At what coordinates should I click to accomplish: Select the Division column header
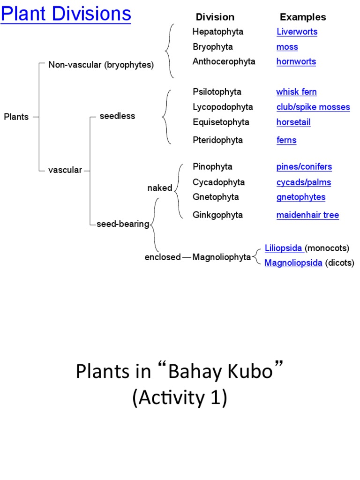click(x=215, y=17)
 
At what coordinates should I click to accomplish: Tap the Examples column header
click(x=303, y=17)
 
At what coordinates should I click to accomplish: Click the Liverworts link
click(x=297, y=32)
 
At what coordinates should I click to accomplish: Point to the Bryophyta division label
click(x=212, y=47)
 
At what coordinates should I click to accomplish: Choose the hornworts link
click(x=296, y=61)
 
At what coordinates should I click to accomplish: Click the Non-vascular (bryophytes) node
click(x=101, y=65)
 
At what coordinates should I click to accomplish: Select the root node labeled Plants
click(x=16, y=117)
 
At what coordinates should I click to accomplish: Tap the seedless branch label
click(x=117, y=116)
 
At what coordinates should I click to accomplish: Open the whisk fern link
click(x=296, y=92)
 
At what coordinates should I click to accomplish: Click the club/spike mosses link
click(x=313, y=107)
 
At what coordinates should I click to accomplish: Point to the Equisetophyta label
click(x=221, y=122)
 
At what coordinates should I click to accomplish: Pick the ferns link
click(x=286, y=140)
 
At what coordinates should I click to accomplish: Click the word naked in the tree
click(x=160, y=188)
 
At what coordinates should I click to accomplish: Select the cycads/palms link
click(x=304, y=182)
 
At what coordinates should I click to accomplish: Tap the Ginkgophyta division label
click(x=217, y=215)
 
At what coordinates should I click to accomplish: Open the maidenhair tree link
click(x=307, y=215)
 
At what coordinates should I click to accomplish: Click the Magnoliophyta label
click(x=222, y=257)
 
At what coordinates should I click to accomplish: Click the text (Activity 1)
click(x=180, y=398)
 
